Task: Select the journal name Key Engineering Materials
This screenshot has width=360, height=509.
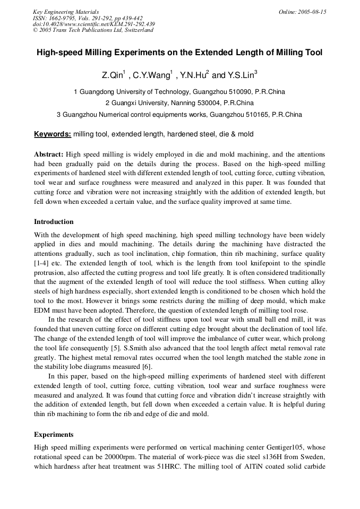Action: click(66, 12)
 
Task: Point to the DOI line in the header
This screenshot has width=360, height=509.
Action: click(94, 24)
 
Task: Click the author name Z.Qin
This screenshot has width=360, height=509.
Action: click(112, 75)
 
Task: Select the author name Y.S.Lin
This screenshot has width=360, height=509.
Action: click(242, 75)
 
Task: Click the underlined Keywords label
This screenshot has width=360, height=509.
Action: click(53, 134)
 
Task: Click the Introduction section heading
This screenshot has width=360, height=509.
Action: click(54, 222)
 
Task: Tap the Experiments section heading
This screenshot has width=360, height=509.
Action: click(54, 434)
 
